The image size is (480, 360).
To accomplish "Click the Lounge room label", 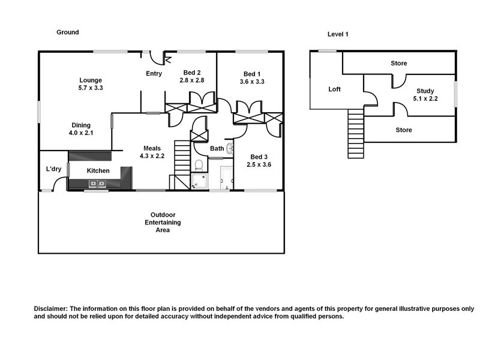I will (91, 80).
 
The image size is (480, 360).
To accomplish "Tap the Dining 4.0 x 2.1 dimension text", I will (82, 133).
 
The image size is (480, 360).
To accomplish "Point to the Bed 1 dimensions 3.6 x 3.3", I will (252, 81).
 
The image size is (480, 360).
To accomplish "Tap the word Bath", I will (217, 148).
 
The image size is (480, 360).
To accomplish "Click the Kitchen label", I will (98, 171).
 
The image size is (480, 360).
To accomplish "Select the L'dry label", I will (54, 169).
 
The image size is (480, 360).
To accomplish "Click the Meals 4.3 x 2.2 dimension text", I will (153, 155).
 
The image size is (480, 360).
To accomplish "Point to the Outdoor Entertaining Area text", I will (162, 222).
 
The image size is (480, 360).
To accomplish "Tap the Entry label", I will (154, 74).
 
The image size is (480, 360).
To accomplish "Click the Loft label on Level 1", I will (334, 89).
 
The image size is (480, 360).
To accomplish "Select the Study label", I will (425, 91).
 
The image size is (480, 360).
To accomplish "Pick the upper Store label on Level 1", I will (398, 63).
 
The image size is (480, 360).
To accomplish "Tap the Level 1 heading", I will (338, 34).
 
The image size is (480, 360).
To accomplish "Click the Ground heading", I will (67, 32).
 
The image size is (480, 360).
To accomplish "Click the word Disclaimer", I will (51, 308).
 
